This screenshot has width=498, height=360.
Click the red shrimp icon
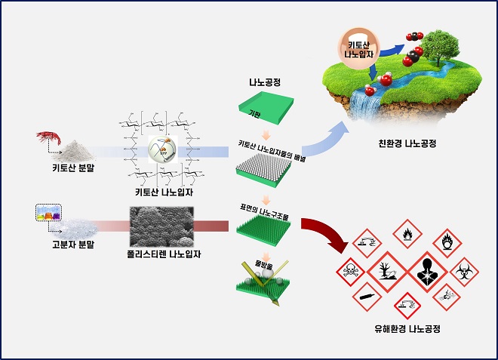pyautogui.click(x=50, y=139)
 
